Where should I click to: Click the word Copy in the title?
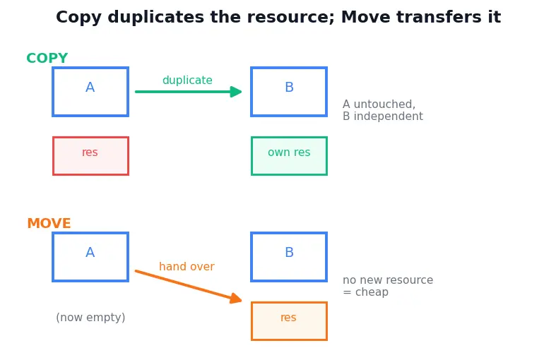[x=78, y=18]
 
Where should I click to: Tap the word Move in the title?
[x=365, y=17]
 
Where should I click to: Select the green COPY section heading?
[x=47, y=58]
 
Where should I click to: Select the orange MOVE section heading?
[x=49, y=224]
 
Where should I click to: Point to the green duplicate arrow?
[x=189, y=92]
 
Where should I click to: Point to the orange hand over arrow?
[x=189, y=287]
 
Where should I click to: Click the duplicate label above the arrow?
[x=187, y=80]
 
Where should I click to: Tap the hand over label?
[x=187, y=266]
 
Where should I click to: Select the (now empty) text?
[x=90, y=318]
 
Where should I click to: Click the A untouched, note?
[x=379, y=104]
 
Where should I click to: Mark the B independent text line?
[x=383, y=116]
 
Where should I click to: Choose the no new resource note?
[x=388, y=280]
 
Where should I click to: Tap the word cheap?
[x=372, y=292]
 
